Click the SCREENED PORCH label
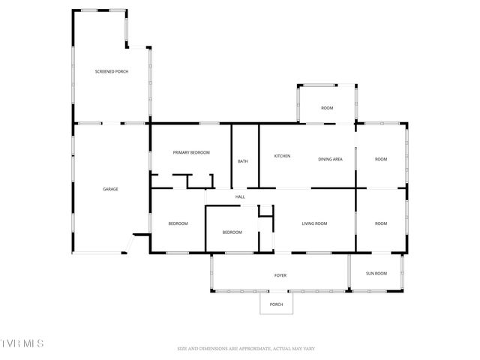[111, 72]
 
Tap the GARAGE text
[110, 189]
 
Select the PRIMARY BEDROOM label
[191, 153]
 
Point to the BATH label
[243, 161]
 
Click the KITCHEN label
[282, 156]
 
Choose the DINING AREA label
[331, 159]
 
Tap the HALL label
[240, 196]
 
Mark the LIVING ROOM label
[314, 223]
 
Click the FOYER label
[280, 275]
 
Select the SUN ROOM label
[376, 273]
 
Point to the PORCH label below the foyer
[276, 304]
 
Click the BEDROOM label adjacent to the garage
[178, 223]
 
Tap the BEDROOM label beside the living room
[232, 232]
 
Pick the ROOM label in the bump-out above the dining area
[327, 108]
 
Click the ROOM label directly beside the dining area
[381, 159]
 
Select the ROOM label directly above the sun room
[381, 223]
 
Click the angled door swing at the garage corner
[133, 244]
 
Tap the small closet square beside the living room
[265, 211]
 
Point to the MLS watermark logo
[22, 343]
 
